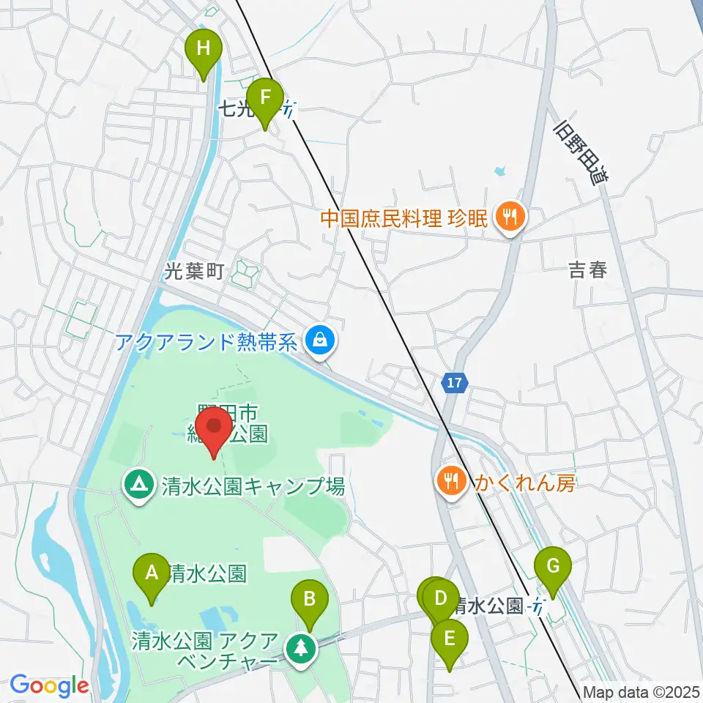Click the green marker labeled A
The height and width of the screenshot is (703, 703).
(152, 572)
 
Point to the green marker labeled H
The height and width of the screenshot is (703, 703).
(204, 50)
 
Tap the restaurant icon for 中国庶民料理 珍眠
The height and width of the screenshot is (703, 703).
(506, 217)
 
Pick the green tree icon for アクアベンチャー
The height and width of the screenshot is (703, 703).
(300, 647)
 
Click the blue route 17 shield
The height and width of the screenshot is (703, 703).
(454, 382)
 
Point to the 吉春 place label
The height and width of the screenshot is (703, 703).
(588, 270)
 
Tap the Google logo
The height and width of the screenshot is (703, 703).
(49, 685)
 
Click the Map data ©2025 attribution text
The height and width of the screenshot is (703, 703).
(641, 692)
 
